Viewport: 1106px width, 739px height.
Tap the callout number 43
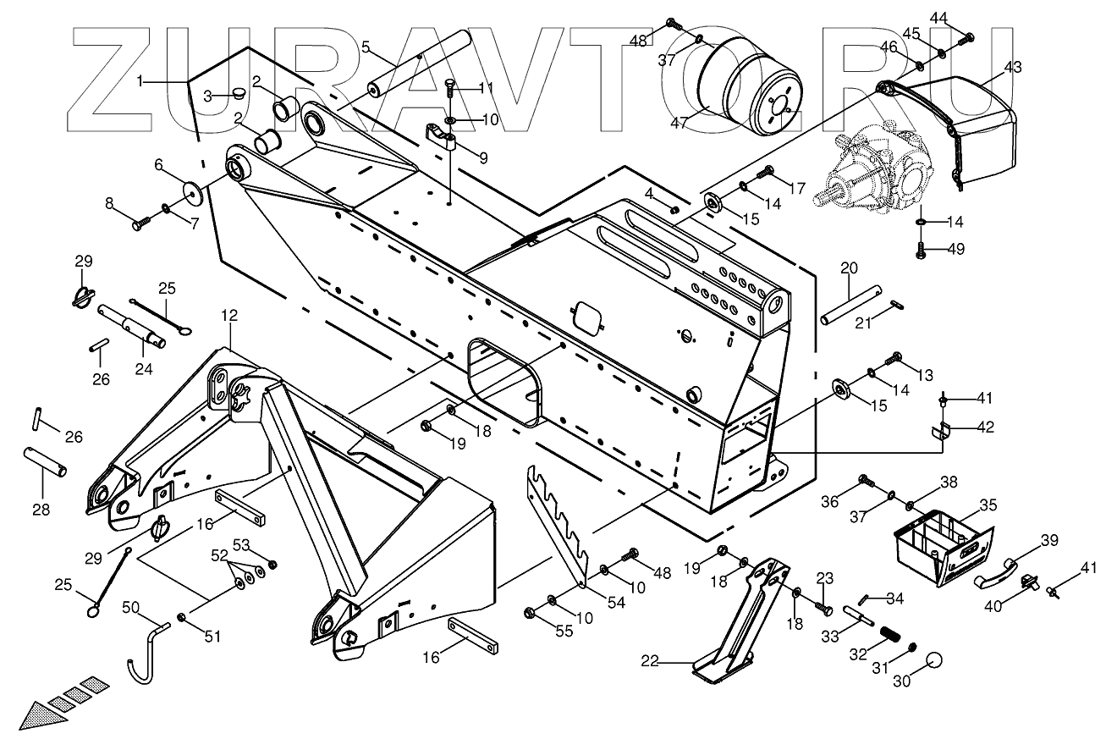pyautogui.click(x=1012, y=67)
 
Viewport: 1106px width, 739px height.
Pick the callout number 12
pyautogui.click(x=229, y=315)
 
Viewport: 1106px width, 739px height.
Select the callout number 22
pyautogui.click(x=672, y=663)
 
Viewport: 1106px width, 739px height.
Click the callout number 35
pyautogui.click(x=988, y=505)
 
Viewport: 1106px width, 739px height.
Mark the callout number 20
pyautogui.click(x=849, y=268)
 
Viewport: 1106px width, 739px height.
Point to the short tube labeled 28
pyautogui.click(x=48, y=462)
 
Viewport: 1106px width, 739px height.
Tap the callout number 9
pyautogui.click(x=483, y=157)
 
